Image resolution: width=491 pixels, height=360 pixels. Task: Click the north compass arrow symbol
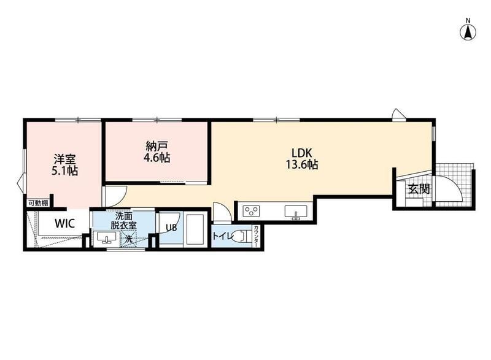coord(468,32)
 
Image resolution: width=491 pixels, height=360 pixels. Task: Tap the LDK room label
coord(302,153)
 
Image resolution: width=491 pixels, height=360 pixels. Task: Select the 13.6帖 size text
coord(302,164)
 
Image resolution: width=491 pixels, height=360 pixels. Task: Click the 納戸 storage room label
coord(157,146)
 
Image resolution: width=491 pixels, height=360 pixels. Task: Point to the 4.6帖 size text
coord(157,158)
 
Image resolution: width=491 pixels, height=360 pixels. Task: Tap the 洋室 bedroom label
coord(64,159)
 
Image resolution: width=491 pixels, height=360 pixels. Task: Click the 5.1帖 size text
coord(64,171)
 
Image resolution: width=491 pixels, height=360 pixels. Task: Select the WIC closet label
coord(65,224)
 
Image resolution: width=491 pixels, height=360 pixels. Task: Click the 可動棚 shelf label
coord(38,203)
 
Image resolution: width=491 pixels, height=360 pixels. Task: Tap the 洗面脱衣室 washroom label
coord(123,221)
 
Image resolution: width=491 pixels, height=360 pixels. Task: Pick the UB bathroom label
coord(171,228)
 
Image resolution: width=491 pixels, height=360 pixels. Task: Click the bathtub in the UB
coord(196,228)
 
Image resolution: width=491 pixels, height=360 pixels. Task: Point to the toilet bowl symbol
coord(242,236)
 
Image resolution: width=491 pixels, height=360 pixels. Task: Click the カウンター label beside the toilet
coord(256,236)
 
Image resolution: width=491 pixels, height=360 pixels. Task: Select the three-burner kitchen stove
coord(252,211)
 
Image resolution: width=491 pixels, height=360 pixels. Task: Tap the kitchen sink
coord(296,211)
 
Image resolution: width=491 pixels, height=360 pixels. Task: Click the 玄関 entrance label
coord(419,189)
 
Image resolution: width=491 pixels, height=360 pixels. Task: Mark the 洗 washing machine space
coord(129,239)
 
